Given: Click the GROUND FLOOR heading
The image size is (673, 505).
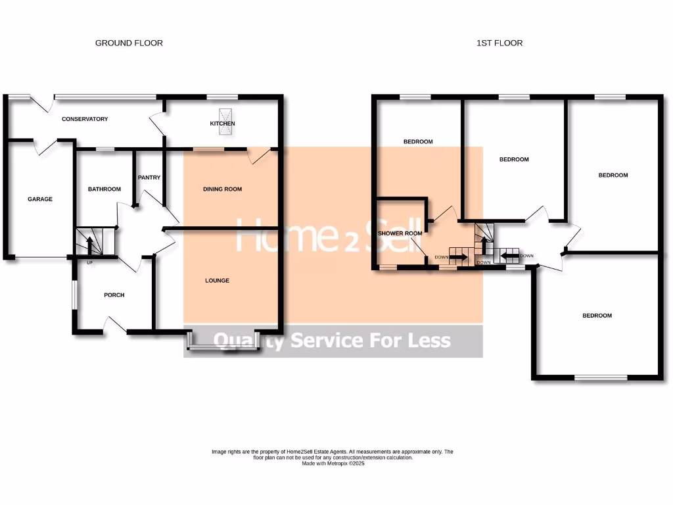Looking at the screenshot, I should tap(129, 43).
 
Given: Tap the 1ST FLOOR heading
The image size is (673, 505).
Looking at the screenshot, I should tap(499, 43).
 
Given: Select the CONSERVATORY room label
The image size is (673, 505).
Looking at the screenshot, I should tap(85, 119).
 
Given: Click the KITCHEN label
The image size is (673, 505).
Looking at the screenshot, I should tap(222, 124).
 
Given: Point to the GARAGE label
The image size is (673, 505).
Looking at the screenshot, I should tap(39, 199).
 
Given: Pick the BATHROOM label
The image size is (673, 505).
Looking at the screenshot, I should tap(104, 189).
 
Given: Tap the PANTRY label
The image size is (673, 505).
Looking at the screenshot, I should tap(149, 178).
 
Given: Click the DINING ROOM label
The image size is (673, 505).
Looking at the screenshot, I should tap(222, 189).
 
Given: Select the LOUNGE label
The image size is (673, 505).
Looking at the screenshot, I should tap(217, 281).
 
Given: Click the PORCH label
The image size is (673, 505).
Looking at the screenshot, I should tap(114, 295).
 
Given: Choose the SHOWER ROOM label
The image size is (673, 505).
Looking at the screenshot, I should tap(400, 233).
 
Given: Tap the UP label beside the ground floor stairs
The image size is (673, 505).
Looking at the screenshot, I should tap(89, 263).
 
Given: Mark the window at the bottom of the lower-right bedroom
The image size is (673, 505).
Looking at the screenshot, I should tap(600, 377).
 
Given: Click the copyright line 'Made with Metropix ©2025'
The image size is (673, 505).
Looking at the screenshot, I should tap(333, 464).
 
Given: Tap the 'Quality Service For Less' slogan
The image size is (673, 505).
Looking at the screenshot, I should tap(333, 341).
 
